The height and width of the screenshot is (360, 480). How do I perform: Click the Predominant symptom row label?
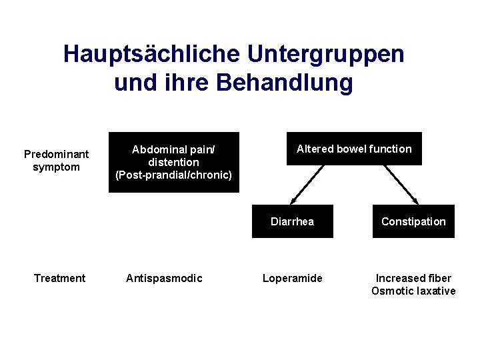pyautogui.click(x=56, y=161)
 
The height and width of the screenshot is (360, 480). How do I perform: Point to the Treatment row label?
pyautogui.click(x=59, y=278)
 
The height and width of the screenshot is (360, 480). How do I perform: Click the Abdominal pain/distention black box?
pyautogui.click(x=173, y=162)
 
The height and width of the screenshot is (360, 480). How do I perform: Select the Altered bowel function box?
pyautogui.click(x=354, y=149)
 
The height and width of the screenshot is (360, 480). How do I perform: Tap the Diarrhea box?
pyautogui.click(x=292, y=221)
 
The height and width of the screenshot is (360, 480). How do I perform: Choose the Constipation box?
pyautogui.click(x=413, y=221)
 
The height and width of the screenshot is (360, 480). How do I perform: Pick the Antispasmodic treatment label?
pyautogui.click(x=164, y=278)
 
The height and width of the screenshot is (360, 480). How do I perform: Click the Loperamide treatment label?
pyautogui.click(x=292, y=278)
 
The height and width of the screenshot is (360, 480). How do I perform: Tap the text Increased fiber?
pyautogui.click(x=413, y=278)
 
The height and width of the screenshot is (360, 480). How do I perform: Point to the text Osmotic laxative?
pyautogui.click(x=413, y=291)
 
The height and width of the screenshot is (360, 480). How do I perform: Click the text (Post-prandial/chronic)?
pyautogui.click(x=173, y=175)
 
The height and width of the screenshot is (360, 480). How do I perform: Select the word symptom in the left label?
pyautogui.click(x=56, y=167)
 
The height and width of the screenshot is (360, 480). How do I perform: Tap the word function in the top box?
pyautogui.click(x=389, y=149)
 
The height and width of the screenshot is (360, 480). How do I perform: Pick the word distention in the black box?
pyautogui.click(x=173, y=162)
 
